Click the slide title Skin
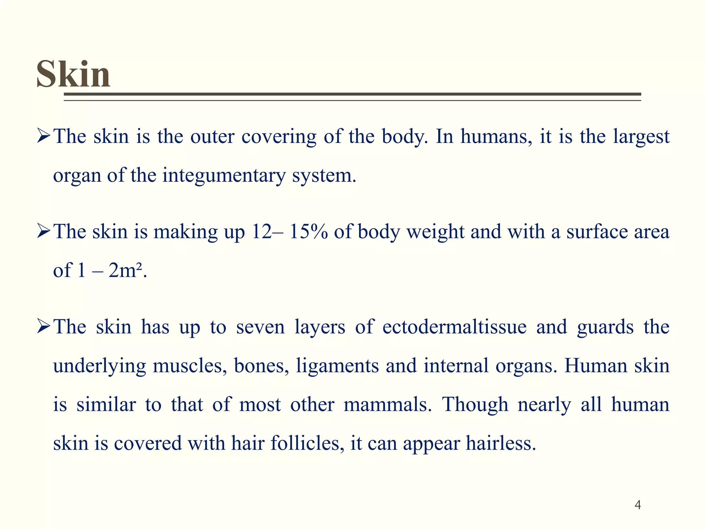point(73,74)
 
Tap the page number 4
point(638,505)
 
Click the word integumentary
point(224,176)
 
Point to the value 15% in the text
point(308,231)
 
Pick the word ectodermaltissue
point(454,326)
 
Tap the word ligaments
point(337,366)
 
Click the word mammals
point(387,404)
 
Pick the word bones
point(261,366)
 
